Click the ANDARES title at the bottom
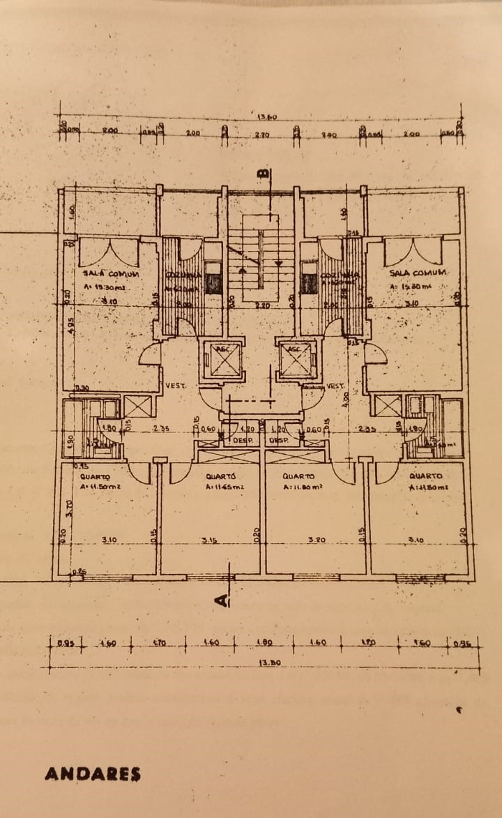pyautogui.click(x=93, y=774)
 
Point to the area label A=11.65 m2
pyautogui.click(x=225, y=487)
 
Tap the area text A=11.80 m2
pyautogui.click(x=302, y=487)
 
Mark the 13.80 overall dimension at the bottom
pyautogui.click(x=269, y=663)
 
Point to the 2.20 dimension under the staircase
pyautogui.click(x=262, y=305)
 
